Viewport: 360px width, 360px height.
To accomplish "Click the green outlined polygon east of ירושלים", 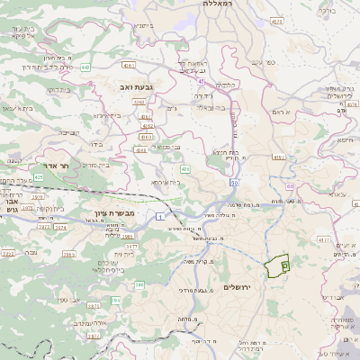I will click(277, 265).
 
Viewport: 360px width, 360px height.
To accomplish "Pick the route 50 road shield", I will click(234, 183).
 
